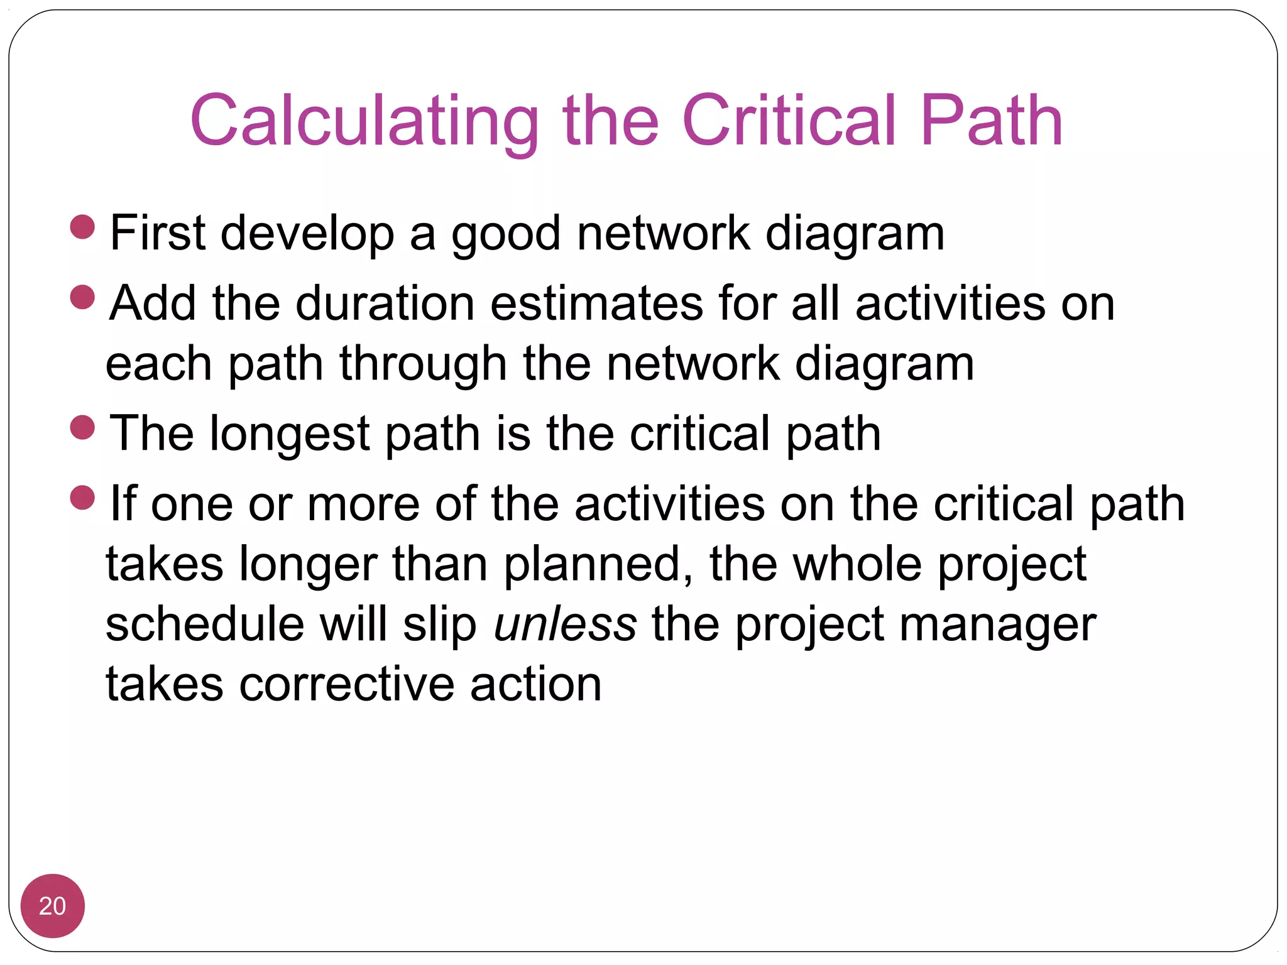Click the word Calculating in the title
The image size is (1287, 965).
tap(364, 121)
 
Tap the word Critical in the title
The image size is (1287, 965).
tap(788, 121)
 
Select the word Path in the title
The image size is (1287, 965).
tap(991, 121)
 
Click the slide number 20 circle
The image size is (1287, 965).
tap(53, 906)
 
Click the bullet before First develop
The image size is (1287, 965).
tap(82, 227)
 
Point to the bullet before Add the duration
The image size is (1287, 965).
tap(82, 298)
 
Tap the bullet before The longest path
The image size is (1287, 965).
tap(82, 428)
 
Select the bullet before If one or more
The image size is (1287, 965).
tap(82, 498)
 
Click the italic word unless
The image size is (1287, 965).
tap(565, 624)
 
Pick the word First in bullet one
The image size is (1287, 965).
tap(158, 233)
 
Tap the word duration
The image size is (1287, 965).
tap(385, 303)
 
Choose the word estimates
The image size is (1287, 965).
tap(595, 303)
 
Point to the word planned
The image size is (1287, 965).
tap(592, 564)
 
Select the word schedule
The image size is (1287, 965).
tap(204, 624)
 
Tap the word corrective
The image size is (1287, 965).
tap(346, 684)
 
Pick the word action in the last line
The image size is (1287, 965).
tap(535, 684)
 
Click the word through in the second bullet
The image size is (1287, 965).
tap(422, 364)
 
